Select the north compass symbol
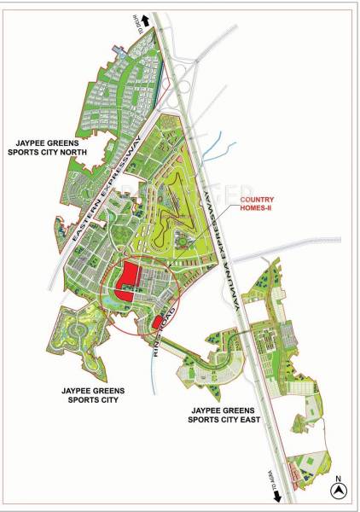(338, 491)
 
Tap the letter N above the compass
(338, 478)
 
